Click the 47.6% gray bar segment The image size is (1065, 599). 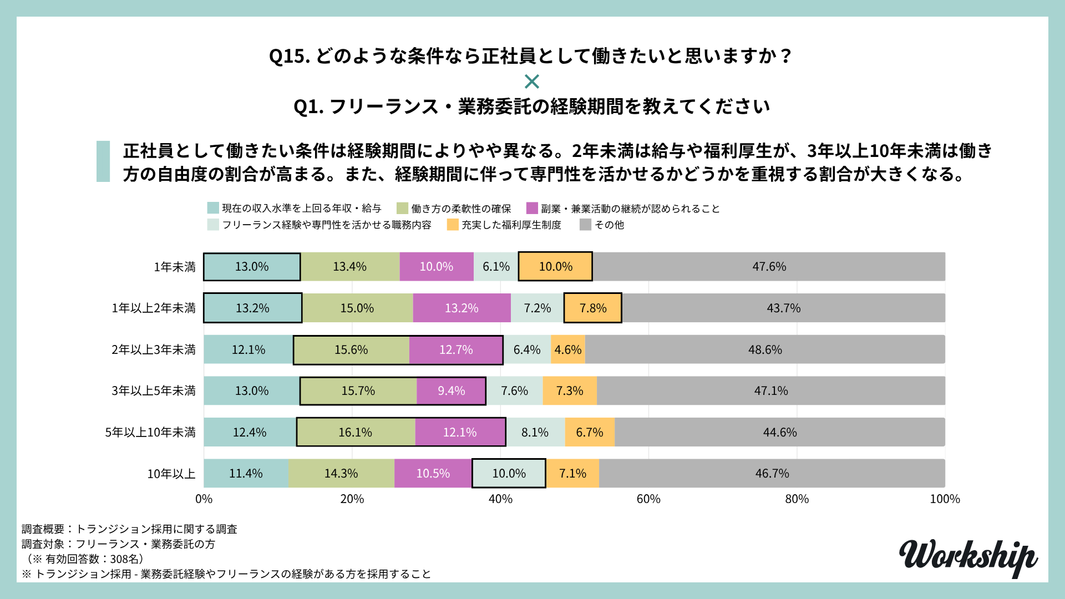[x=769, y=267]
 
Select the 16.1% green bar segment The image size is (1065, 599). [x=356, y=432]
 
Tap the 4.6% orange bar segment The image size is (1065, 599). [x=568, y=350]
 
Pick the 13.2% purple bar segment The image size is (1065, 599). [x=461, y=308]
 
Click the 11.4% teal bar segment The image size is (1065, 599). [x=246, y=474]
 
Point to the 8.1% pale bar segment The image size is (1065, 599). [x=535, y=432]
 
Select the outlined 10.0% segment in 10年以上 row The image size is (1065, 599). [x=509, y=474]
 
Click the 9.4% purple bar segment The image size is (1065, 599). [x=451, y=391]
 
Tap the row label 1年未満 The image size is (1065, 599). [x=175, y=267]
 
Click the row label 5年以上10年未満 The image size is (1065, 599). [x=150, y=433]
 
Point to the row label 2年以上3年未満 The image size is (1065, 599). [x=154, y=350]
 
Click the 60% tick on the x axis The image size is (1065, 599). [x=648, y=499]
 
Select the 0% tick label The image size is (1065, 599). [x=204, y=499]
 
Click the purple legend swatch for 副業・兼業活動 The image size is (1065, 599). [x=532, y=209]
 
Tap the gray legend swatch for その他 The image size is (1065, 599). [x=585, y=225]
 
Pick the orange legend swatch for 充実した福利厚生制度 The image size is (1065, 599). [x=453, y=225]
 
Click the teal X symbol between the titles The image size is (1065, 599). [x=532, y=82]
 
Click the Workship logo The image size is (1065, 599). [x=968, y=557]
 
